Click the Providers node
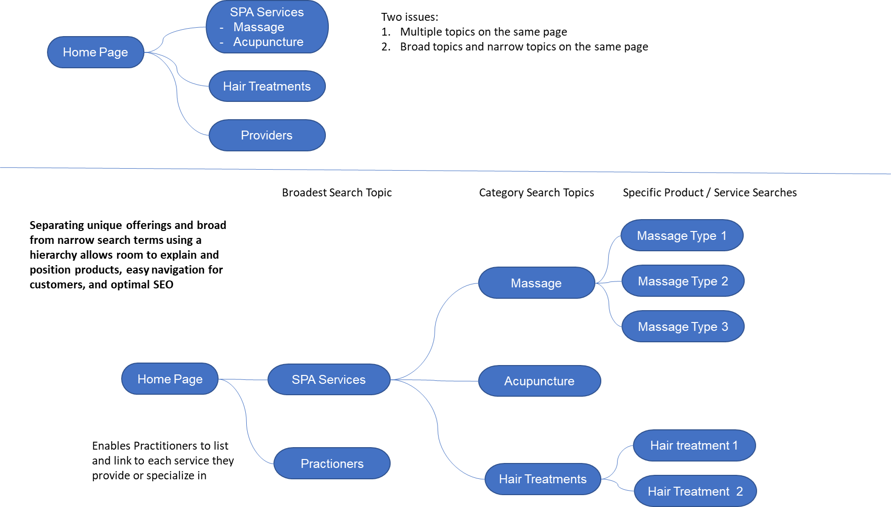click(267, 135)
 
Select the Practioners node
click(332, 463)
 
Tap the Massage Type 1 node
click(682, 235)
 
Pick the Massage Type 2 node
click(683, 281)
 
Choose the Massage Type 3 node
click(683, 326)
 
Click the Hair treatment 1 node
click(694, 445)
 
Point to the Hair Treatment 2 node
click(695, 491)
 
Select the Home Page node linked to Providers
click(95, 52)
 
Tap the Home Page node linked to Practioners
click(170, 379)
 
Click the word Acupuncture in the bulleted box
click(268, 42)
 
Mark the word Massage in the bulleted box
click(259, 27)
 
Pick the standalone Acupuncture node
click(539, 381)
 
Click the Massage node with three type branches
click(536, 283)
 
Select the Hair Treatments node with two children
click(542, 479)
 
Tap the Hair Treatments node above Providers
click(267, 86)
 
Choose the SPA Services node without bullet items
click(329, 379)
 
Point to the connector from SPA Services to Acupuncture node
click(435, 380)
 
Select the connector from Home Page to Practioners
click(247, 420)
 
